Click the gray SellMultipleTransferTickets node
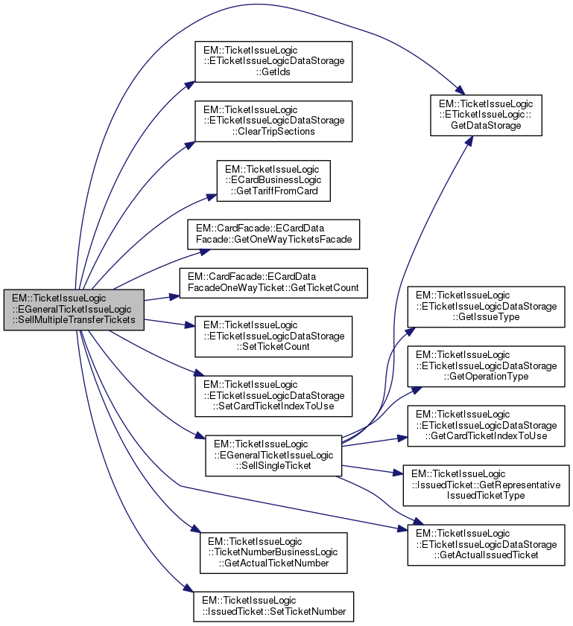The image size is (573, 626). pos(73,309)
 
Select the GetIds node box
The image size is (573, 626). pos(273,62)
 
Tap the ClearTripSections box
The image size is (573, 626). pos(273,121)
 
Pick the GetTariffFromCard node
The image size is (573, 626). pos(273,179)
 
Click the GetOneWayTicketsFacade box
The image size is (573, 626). pos(273,235)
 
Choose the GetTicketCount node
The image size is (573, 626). pos(273,282)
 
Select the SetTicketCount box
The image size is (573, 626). pos(273,336)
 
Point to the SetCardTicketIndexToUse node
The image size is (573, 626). pos(273,396)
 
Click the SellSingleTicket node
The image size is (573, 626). pos(273,456)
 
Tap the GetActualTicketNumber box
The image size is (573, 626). pos(273,552)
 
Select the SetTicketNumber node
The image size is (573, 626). pos(273,606)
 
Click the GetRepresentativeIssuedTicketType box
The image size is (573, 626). pos(486,484)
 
